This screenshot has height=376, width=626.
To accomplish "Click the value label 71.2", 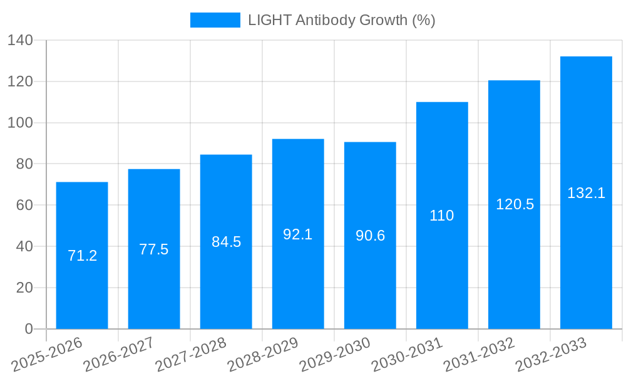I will pyautogui.click(x=82, y=256).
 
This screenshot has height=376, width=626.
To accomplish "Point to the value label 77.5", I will pyautogui.click(x=154, y=249).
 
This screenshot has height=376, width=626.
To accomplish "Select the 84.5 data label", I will pyautogui.click(x=226, y=242).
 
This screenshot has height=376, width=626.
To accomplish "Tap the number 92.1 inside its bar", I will pyautogui.click(x=298, y=234).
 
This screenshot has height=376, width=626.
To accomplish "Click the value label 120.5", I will pyautogui.click(x=515, y=204).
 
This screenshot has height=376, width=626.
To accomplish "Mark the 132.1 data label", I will pyautogui.click(x=586, y=193).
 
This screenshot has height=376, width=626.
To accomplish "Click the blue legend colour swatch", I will pyautogui.click(x=215, y=20).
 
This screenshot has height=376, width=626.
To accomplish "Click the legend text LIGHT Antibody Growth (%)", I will pyautogui.click(x=341, y=20).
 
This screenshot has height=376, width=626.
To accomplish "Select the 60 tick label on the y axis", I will pyautogui.click(x=24, y=206).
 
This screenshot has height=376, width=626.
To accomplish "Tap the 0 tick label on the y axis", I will pyautogui.click(x=29, y=329).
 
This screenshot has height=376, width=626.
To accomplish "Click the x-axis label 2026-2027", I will pyautogui.click(x=119, y=354).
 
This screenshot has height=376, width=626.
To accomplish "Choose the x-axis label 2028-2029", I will pyautogui.click(x=263, y=354).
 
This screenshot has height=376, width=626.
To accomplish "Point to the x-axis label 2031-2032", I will pyautogui.click(x=479, y=354).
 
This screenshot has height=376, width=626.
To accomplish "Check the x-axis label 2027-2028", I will pyautogui.click(x=191, y=354).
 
